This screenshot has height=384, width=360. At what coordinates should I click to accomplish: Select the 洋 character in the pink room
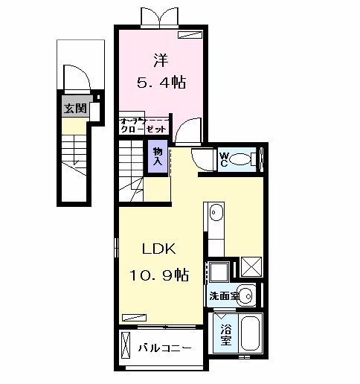pyautogui.click(x=160, y=57)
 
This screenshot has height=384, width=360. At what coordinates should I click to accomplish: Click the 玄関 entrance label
pyautogui.click(x=74, y=108)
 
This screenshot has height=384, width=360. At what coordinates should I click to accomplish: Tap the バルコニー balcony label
pyautogui.click(x=165, y=348)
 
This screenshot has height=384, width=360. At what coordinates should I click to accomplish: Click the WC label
pyautogui.click(x=223, y=159)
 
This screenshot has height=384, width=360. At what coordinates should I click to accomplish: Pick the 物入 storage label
pyautogui.click(x=157, y=155)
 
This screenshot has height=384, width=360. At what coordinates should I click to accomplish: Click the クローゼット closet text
pyautogui.click(x=144, y=129)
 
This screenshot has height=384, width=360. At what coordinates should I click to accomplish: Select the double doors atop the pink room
pyautogui.click(x=160, y=17)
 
